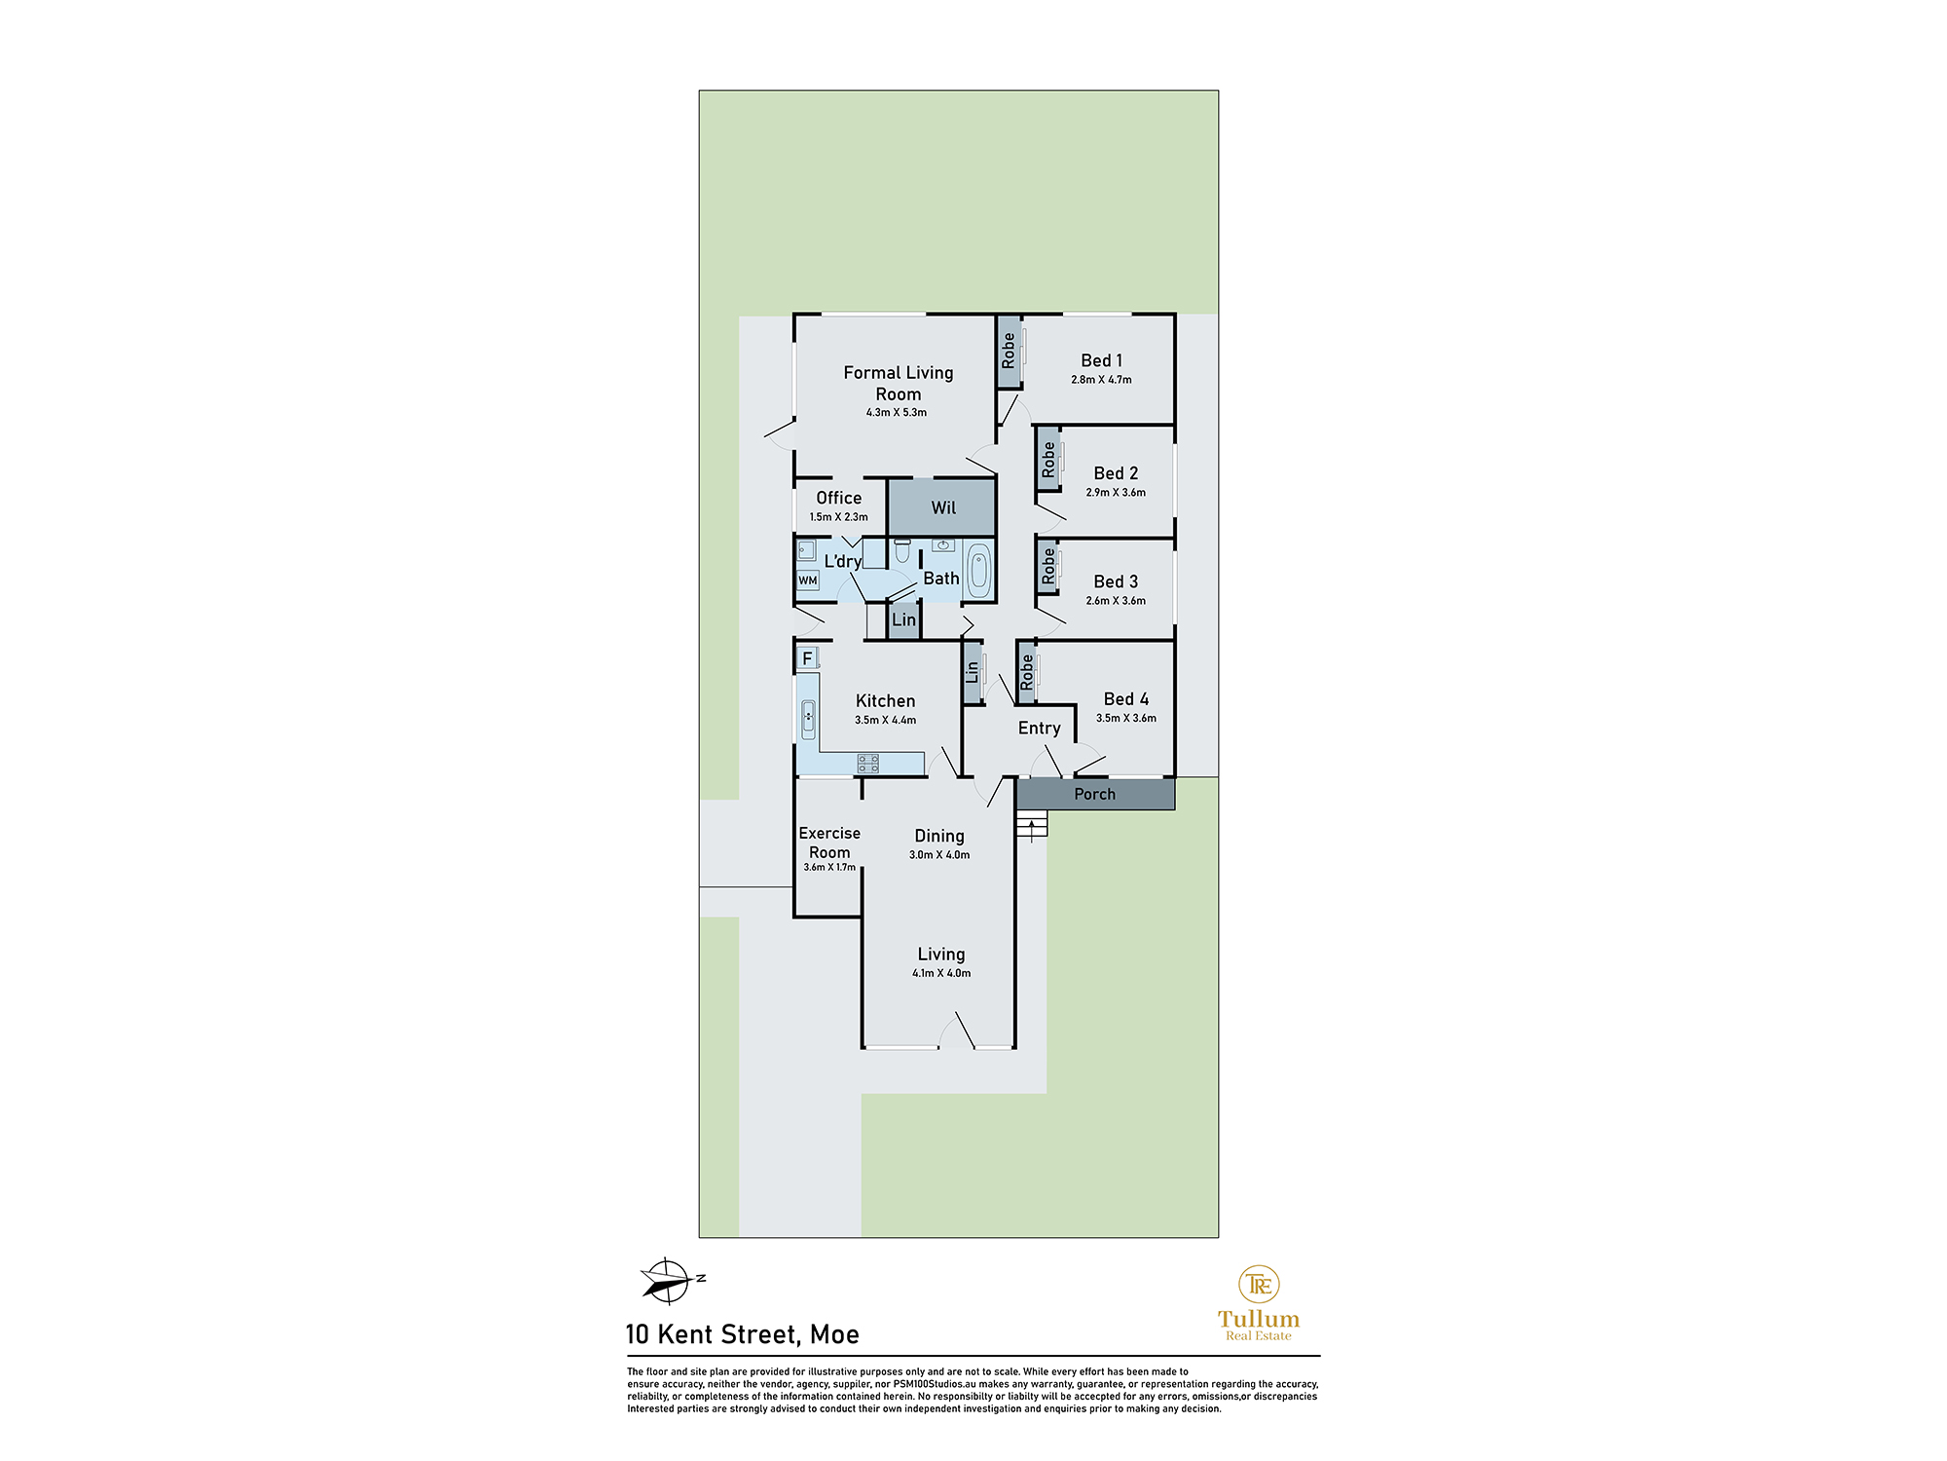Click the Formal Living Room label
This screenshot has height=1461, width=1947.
pos(898,383)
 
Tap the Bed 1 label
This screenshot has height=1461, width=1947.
pos(1101,360)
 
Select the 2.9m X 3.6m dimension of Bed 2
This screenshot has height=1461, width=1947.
pos(1116,493)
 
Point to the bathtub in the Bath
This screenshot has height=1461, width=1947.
pos(978,571)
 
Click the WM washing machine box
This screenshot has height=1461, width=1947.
pos(808,581)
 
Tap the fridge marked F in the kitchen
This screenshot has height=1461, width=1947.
pos(807,658)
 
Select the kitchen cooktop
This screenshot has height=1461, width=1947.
pos(868,764)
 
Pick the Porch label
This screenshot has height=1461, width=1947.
pos(1094,795)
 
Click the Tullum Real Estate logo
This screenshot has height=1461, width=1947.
pos(1259,1303)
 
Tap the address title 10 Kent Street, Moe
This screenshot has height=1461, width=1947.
pos(742,1334)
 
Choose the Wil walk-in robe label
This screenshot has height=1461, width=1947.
pos(943,507)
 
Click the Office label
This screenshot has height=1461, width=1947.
pos(838,498)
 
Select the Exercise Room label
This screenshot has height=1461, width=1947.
pos(829,843)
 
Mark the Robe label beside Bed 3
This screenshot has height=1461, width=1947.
pos(1047,567)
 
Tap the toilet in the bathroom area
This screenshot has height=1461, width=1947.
pos(902,552)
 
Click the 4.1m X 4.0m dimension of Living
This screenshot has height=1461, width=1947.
pos(941,973)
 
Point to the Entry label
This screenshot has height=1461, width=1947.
pos(1039,729)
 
